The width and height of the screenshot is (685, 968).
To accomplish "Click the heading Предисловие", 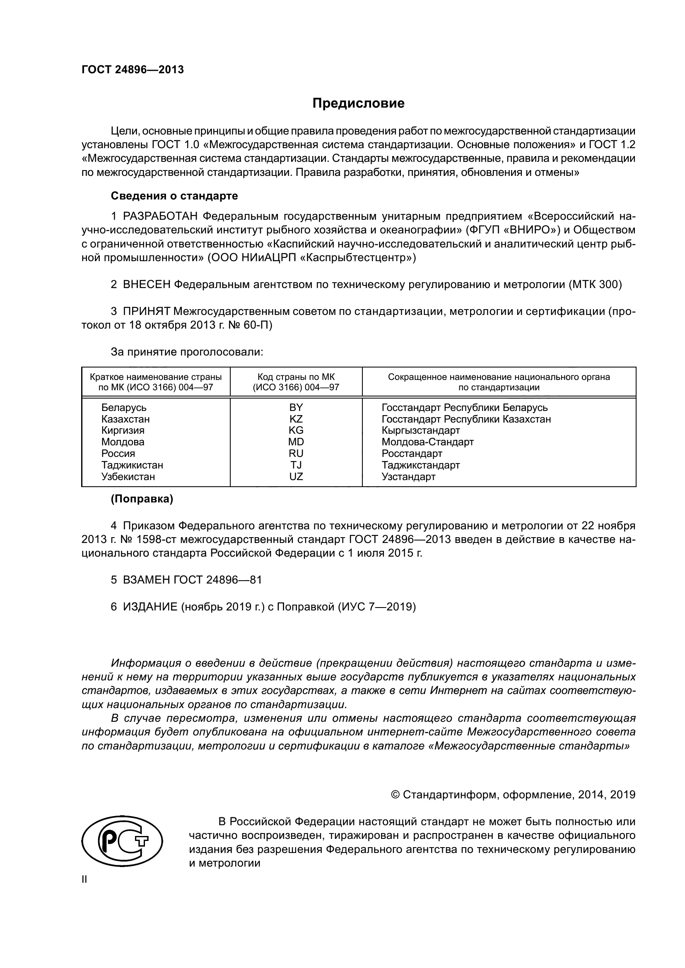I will pyautogui.click(x=358, y=103).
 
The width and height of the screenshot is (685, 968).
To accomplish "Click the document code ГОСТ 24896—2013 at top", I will pyautogui.click(x=133, y=70).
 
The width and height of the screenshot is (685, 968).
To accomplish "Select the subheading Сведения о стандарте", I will pyautogui.click(x=174, y=196).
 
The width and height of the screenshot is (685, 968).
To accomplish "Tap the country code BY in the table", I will pyautogui.click(x=296, y=407).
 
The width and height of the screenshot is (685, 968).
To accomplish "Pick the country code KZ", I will pyautogui.click(x=296, y=419).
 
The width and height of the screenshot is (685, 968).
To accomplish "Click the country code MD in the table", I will pyautogui.click(x=296, y=442).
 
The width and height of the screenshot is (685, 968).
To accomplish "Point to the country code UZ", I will pyautogui.click(x=296, y=476).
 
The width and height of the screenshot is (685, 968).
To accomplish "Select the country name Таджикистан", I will pyautogui.click(x=132, y=465).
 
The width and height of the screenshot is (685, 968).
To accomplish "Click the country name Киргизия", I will pyautogui.click(x=123, y=430).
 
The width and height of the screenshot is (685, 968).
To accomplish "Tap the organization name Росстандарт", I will pyautogui.click(x=412, y=454).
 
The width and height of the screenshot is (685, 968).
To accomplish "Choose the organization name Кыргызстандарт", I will pyautogui.click(x=420, y=430).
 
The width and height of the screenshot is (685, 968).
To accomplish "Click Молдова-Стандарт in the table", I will pyautogui.click(x=427, y=442).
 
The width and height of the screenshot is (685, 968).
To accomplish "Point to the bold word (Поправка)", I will pyautogui.click(x=142, y=499).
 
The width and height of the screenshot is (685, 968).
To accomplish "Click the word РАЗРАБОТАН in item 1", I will pyautogui.click(x=160, y=216).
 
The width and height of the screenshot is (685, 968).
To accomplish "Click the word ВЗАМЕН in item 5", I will pyautogui.click(x=146, y=580).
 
